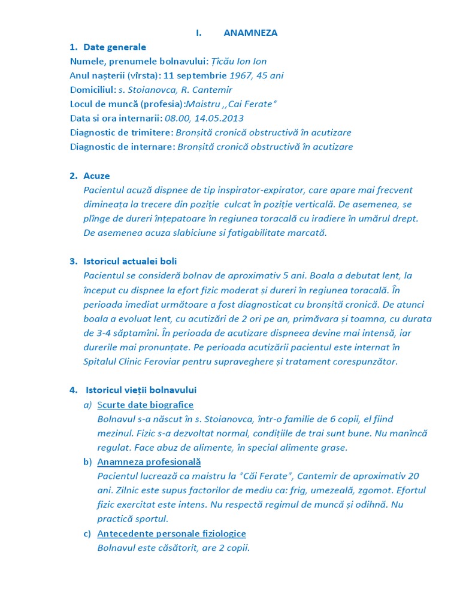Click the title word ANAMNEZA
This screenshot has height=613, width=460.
point(250,33)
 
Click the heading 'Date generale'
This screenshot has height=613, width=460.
point(114,47)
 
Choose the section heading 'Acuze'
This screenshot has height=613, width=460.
point(96,176)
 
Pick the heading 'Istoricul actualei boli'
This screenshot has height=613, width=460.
point(130,262)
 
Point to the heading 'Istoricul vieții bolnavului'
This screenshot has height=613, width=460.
point(141,390)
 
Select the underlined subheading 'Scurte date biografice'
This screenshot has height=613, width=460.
point(146,405)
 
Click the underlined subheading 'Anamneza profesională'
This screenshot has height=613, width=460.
point(149,462)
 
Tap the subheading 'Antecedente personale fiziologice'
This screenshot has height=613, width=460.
point(172,534)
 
